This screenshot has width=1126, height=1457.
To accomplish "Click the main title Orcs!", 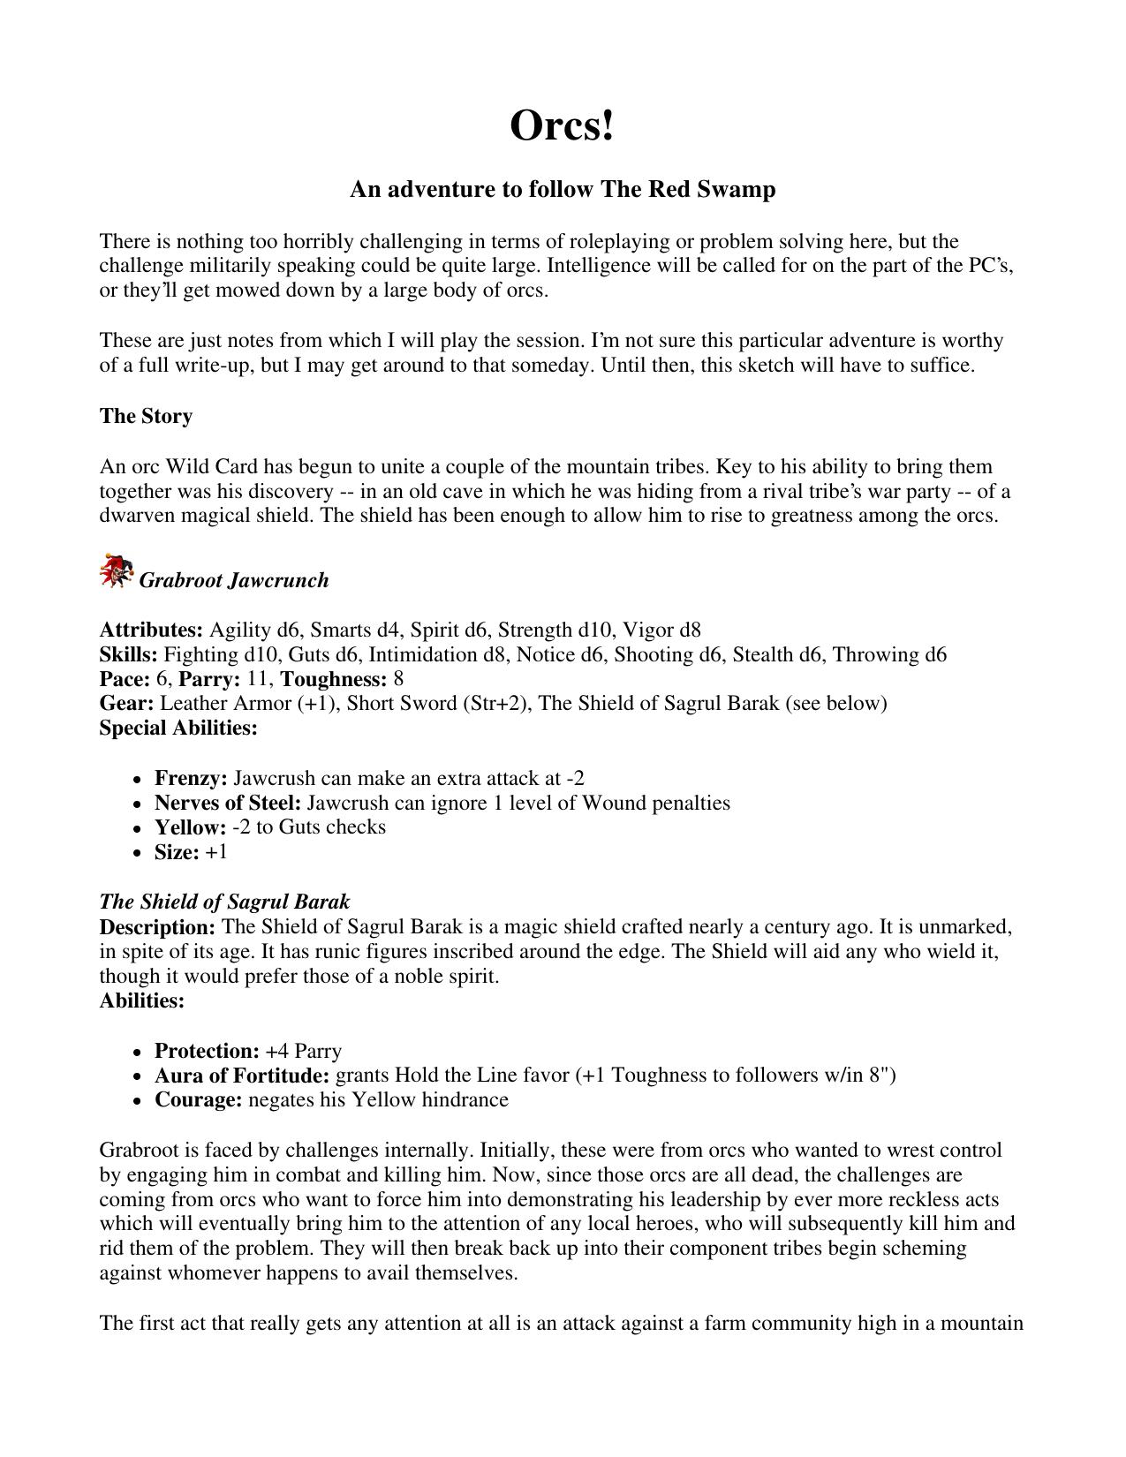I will (x=562, y=125).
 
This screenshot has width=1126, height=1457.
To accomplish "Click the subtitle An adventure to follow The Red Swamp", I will (x=563, y=190).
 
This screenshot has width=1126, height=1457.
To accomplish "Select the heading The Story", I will (x=146, y=416).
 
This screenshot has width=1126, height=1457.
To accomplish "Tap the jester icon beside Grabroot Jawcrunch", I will (x=116, y=571).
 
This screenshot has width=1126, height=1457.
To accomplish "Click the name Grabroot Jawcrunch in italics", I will (x=234, y=580).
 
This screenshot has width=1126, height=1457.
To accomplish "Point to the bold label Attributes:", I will (x=151, y=630).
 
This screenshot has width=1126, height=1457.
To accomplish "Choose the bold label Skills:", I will (x=129, y=655).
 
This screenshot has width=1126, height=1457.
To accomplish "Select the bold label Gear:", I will (x=126, y=704).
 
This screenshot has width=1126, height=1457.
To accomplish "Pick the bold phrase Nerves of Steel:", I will (x=228, y=804).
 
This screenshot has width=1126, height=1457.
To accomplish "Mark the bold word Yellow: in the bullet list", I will (x=190, y=827).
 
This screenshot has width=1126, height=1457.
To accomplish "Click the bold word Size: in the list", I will (x=177, y=852).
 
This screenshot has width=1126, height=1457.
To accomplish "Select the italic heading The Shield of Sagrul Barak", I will (x=224, y=902).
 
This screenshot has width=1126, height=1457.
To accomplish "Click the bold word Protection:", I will (x=207, y=1052).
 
